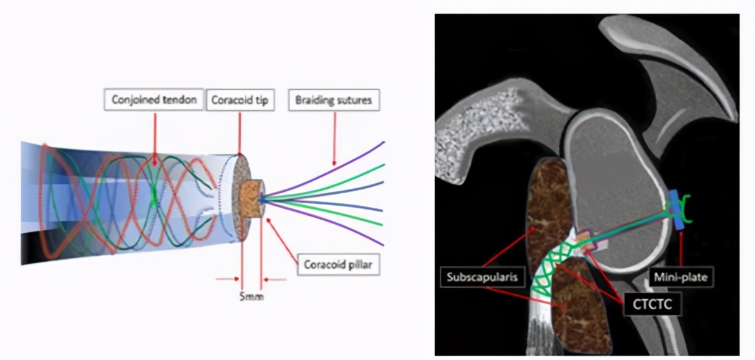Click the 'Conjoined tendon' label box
coord(154,99)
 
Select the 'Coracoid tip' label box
coord(240,99)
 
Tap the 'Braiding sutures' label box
coord(334,99)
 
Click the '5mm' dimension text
coord(252,295)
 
